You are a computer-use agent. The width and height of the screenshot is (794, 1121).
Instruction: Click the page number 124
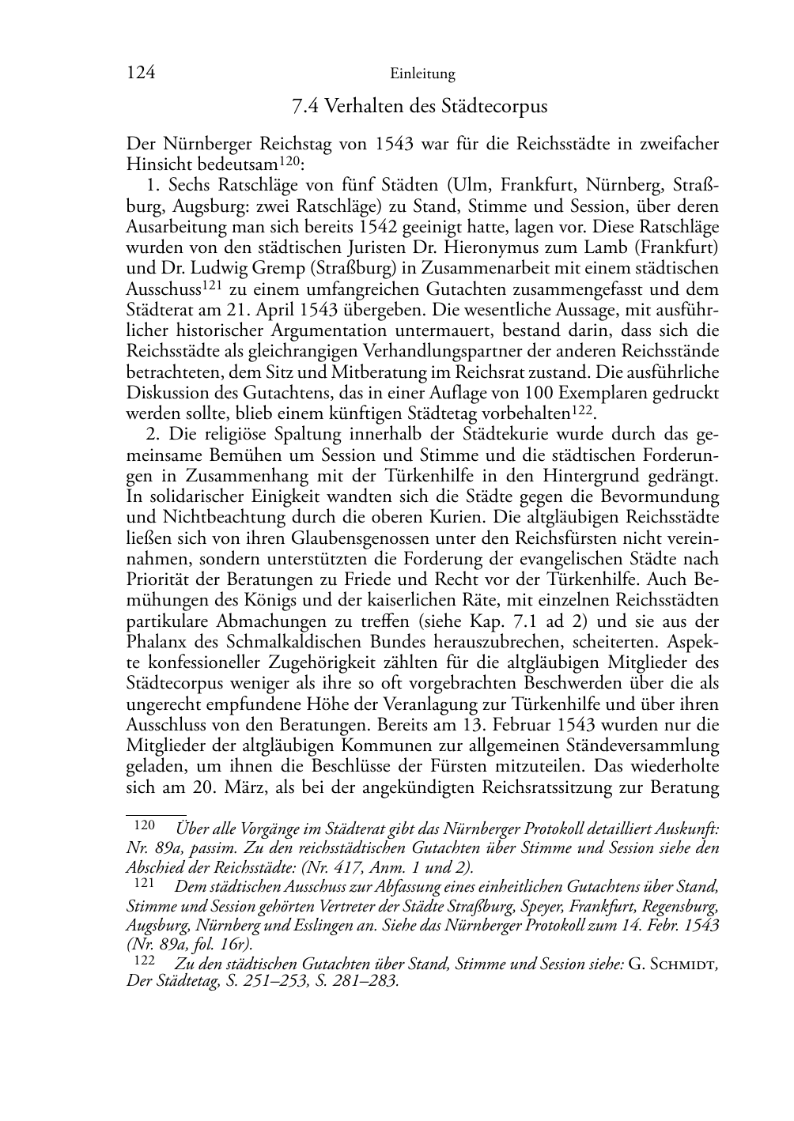[x=140, y=74]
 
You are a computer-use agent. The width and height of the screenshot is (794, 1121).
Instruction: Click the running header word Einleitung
[x=422, y=74]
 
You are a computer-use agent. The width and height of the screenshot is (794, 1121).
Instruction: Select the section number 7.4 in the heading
[x=305, y=106]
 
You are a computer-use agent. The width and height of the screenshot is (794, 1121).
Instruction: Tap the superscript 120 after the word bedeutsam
[x=290, y=160]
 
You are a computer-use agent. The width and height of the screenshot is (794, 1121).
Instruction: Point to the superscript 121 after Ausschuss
[x=212, y=285]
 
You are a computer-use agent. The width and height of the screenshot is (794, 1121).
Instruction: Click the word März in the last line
[x=239, y=787]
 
